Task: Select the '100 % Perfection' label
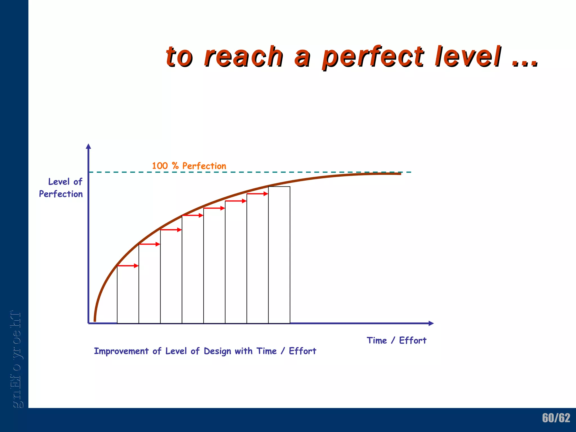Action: pyautogui.click(x=189, y=166)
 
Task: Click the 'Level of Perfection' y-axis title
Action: pyautogui.click(x=61, y=188)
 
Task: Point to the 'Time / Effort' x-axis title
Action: pyautogui.click(x=397, y=341)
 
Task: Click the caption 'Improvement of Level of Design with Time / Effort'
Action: pyautogui.click(x=205, y=351)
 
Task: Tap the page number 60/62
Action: pyautogui.click(x=556, y=418)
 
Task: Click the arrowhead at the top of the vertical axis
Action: pyautogui.click(x=89, y=146)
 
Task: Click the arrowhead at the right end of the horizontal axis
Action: pyautogui.click(x=431, y=323)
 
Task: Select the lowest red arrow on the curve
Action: pyautogui.click(x=128, y=266)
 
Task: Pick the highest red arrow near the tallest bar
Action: pyautogui.click(x=258, y=194)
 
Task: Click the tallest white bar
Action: pyautogui.click(x=279, y=255)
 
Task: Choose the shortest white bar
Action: pyautogui.click(x=128, y=294)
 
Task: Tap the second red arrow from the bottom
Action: pyautogui.click(x=150, y=244)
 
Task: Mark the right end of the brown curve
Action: pyautogui.click(x=400, y=174)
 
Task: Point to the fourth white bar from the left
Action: pyautogui.click(x=193, y=269)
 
